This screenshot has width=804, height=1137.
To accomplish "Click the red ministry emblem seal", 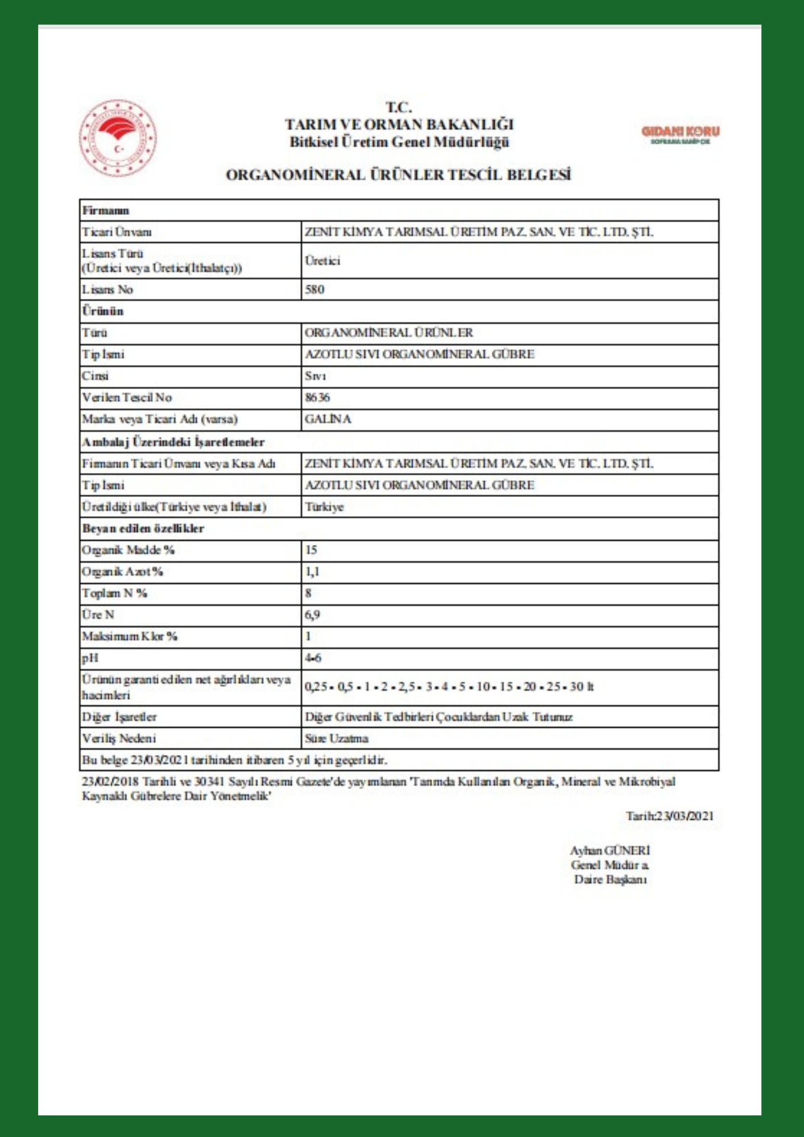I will (118, 138).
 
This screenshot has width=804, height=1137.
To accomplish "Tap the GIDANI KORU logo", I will (680, 135).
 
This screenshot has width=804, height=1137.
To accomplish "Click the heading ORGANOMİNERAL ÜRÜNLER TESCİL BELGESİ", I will (398, 175).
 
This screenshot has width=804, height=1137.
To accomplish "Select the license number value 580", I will (314, 289).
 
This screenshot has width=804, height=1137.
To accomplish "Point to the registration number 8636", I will (317, 397).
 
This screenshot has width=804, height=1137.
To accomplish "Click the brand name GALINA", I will (328, 419).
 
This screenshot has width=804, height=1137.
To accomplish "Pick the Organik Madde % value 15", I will (311, 550).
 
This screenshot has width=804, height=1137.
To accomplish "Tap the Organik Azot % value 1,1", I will (312, 571).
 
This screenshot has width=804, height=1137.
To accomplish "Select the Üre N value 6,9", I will (312, 615).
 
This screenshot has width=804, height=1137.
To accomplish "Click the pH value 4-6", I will (313, 658).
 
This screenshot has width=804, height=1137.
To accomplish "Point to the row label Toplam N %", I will (114, 593).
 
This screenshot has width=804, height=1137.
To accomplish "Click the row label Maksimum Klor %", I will (130, 636).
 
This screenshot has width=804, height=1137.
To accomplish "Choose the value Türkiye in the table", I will (324, 507).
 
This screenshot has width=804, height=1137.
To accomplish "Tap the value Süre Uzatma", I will (337, 738).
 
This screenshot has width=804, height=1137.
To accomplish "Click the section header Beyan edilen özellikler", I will (143, 528).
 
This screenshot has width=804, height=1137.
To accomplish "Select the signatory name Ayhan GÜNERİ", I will (610, 850).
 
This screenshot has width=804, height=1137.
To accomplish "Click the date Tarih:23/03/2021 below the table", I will (669, 816).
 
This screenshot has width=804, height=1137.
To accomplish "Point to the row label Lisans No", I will (107, 289).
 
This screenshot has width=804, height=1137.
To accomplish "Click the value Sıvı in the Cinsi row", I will (316, 376).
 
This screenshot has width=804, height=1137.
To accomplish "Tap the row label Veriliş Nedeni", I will (119, 738).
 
